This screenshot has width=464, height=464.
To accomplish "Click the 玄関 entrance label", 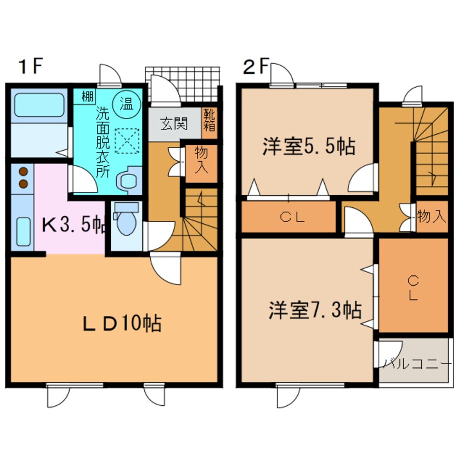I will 174,123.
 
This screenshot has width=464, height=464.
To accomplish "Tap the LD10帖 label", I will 121,324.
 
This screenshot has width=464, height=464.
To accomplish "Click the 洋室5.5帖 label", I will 308,147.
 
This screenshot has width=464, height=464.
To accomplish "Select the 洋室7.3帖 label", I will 314,310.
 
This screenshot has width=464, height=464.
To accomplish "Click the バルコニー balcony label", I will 416,364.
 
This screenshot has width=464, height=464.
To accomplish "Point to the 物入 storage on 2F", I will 431,216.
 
